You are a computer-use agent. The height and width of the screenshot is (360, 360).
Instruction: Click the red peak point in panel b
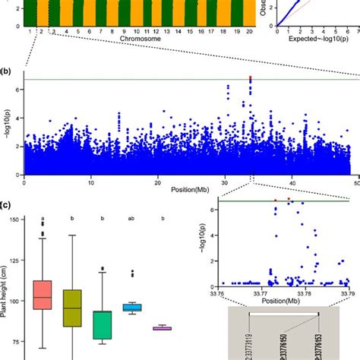(251, 77)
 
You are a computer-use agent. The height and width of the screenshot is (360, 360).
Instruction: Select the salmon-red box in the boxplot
(42, 294)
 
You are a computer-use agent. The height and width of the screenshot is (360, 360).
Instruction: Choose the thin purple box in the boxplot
(161, 328)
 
